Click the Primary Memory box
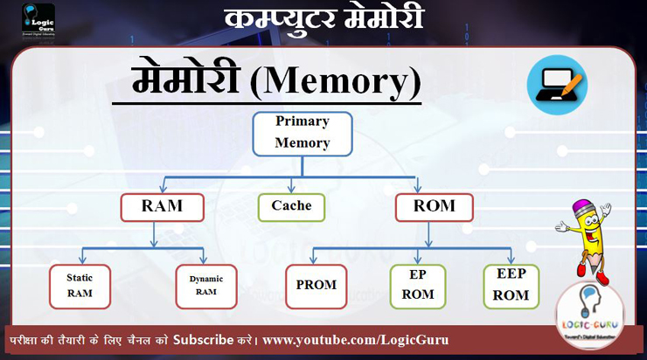303,134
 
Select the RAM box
162,207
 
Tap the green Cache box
291,206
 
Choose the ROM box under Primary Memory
434,207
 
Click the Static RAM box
80,286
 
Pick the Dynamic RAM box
205,286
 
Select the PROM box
316,287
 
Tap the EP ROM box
417,286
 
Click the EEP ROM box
511,286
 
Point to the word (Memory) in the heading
336,83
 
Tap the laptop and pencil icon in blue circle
557,85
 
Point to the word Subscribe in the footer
202,339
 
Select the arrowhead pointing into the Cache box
291,189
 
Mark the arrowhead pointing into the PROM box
316,260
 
